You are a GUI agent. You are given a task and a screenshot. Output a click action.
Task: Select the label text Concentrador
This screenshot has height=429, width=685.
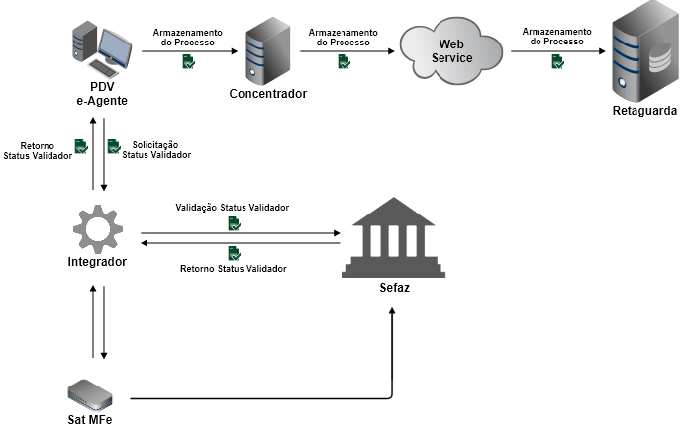267,94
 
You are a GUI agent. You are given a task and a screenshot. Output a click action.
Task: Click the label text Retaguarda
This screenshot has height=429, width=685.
644,111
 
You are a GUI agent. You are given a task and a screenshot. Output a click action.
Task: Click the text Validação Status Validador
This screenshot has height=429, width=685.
233,209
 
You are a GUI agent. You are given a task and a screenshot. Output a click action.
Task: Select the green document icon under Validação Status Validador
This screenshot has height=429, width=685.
234,224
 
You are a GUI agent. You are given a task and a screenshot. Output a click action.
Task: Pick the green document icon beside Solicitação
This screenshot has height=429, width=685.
113,147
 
